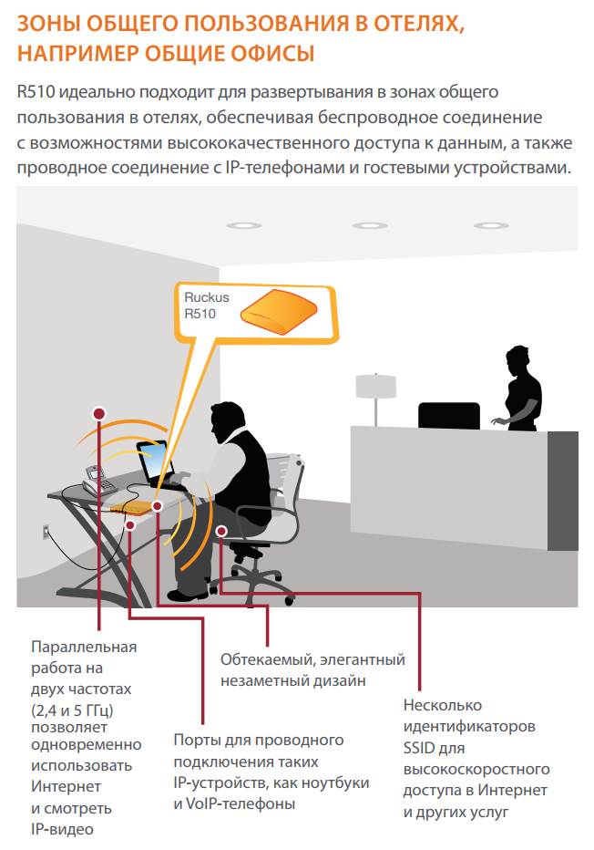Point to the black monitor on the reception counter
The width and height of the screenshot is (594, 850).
point(449,415)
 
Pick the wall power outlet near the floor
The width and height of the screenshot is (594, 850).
point(46,533)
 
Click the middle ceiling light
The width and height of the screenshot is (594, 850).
point(370,225)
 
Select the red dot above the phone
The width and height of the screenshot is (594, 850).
point(99,414)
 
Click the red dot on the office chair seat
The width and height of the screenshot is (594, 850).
point(221,531)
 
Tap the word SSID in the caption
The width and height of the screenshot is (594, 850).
point(419,748)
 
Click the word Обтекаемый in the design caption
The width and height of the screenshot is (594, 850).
point(268,659)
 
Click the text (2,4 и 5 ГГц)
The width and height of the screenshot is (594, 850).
point(72,710)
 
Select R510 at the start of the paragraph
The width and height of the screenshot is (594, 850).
point(36,91)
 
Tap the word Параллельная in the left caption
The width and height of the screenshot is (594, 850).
point(84,648)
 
